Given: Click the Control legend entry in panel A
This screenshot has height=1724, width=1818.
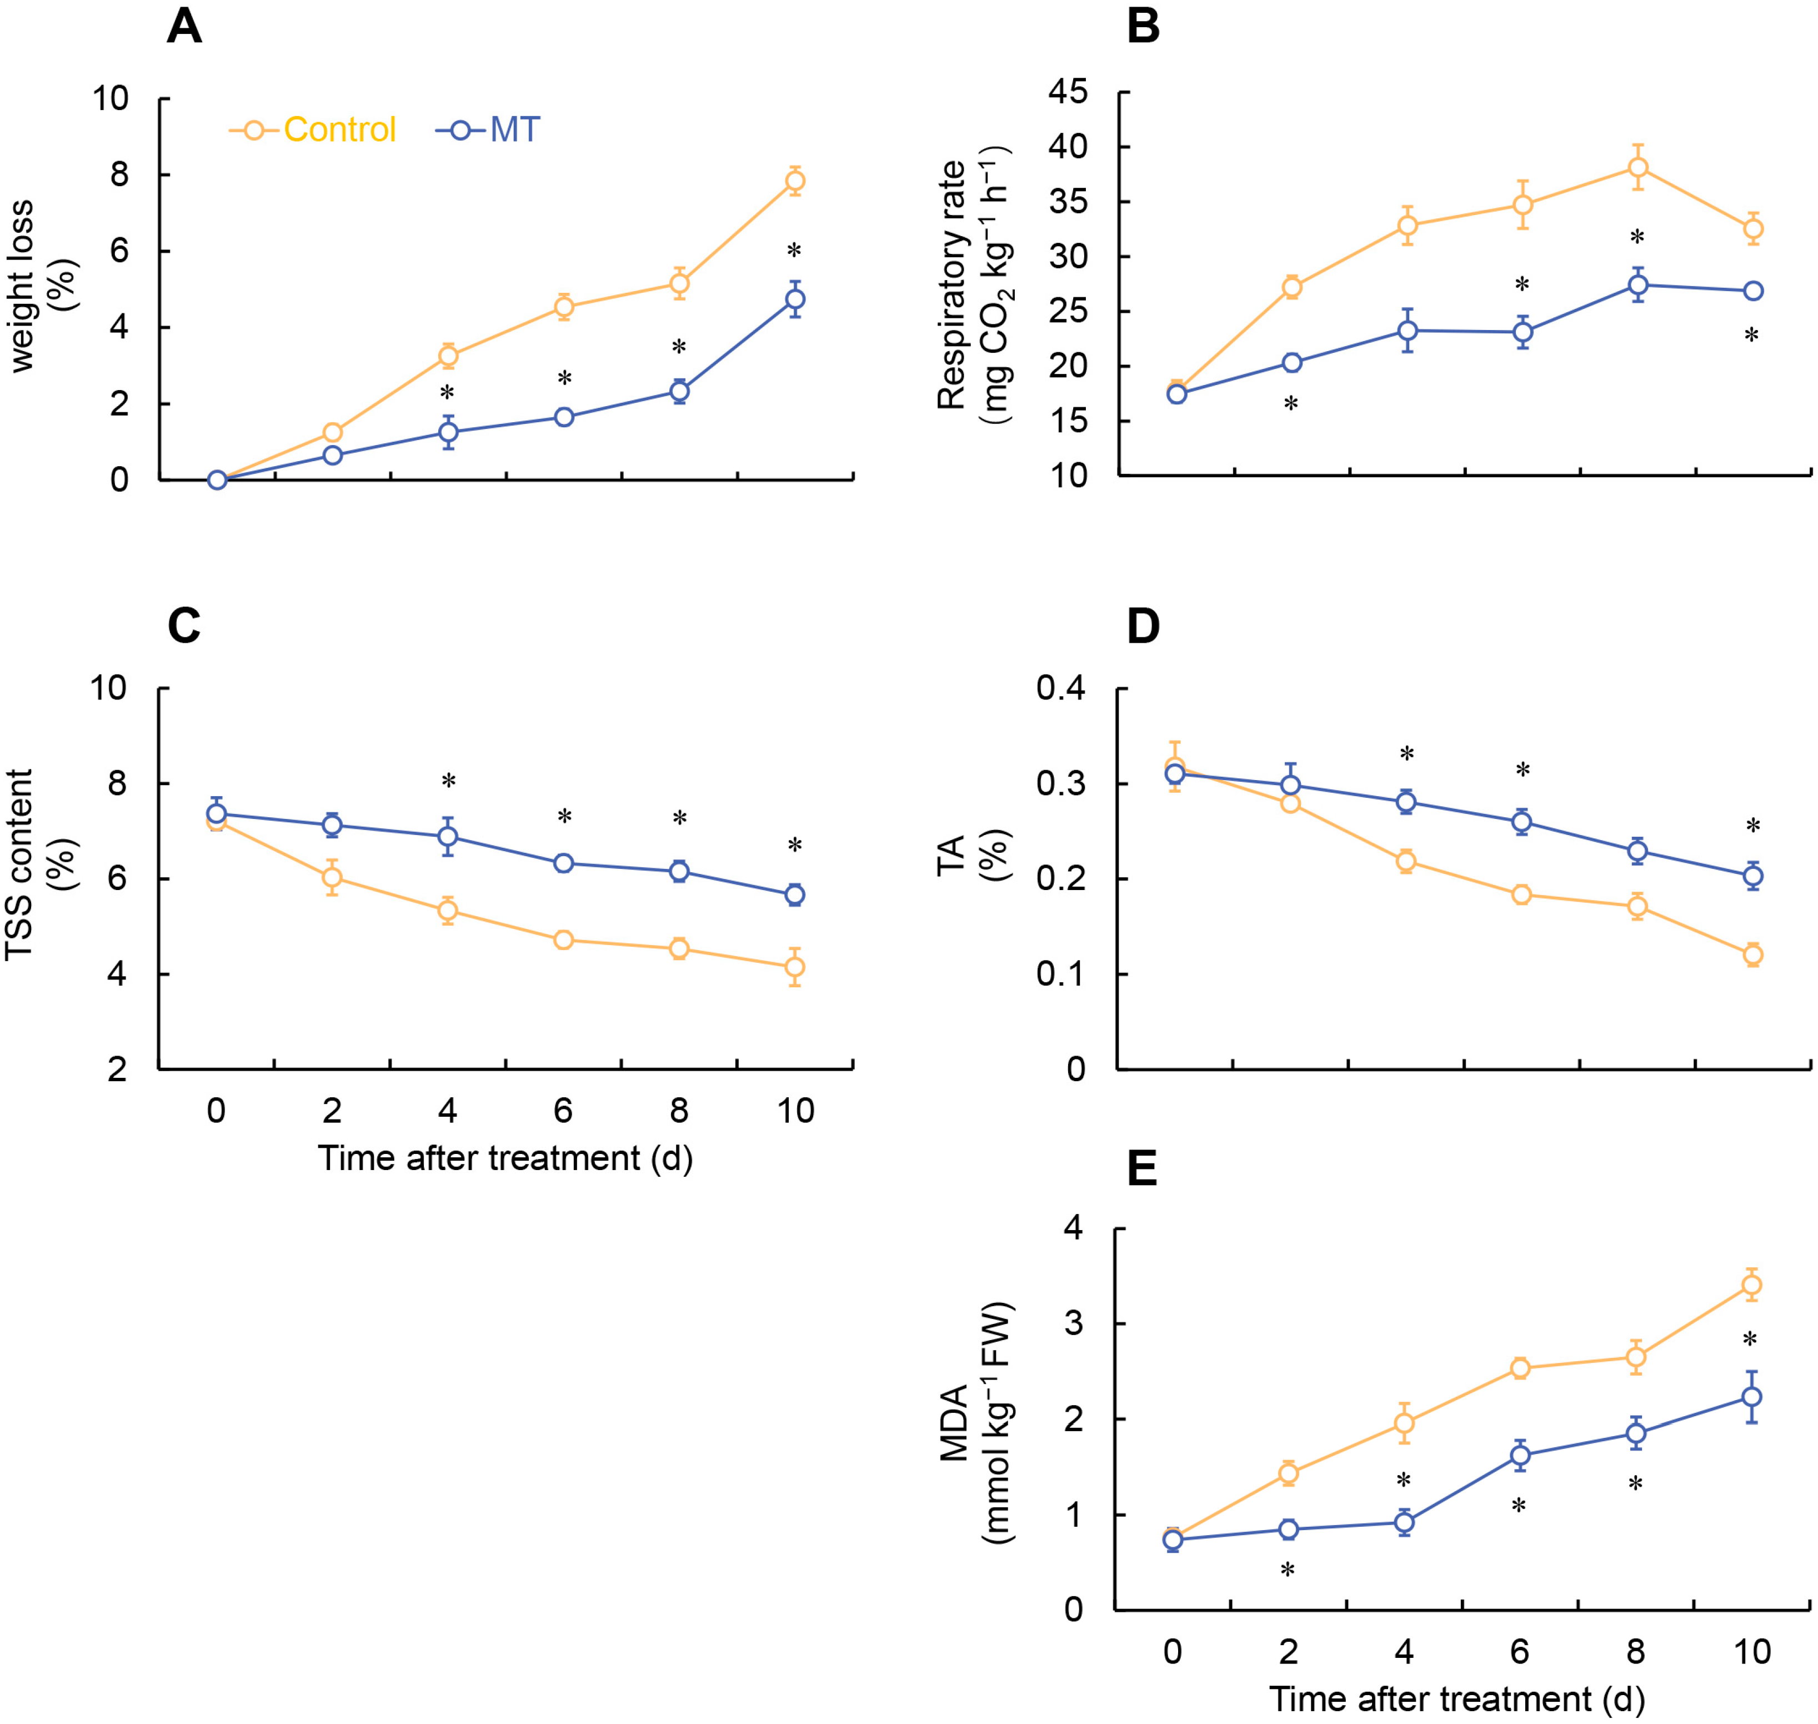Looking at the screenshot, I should pyautogui.click(x=312, y=129).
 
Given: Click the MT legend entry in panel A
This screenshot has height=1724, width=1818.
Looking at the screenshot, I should pyautogui.click(x=489, y=129).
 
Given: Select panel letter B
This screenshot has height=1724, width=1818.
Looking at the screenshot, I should pyautogui.click(x=1143, y=27).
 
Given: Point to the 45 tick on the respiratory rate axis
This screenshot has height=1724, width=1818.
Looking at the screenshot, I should pyautogui.click(x=1068, y=92).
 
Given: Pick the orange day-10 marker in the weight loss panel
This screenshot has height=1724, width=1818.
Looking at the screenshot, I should pyautogui.click(x=795, y=181).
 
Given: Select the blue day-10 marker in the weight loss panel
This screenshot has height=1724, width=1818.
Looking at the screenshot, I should pyautogui.click(x=795, y=299).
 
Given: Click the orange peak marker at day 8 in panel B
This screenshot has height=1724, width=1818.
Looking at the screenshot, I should pyautogui.click(x=1637, y=167).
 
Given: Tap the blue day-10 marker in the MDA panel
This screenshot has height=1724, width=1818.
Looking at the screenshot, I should pyautogui.click(x=1751, y=1397).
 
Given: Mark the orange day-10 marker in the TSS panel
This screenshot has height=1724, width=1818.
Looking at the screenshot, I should pyautogui.click(x=795, y=967).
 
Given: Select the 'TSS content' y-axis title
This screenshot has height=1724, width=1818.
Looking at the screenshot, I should pyautogui.click(x=18, y=865).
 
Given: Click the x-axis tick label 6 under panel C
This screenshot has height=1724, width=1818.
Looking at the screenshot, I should pyautogui.click(x=563, y=1111).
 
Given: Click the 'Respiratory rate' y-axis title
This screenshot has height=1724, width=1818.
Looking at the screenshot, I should pyautogui.click(x=951, y=285).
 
